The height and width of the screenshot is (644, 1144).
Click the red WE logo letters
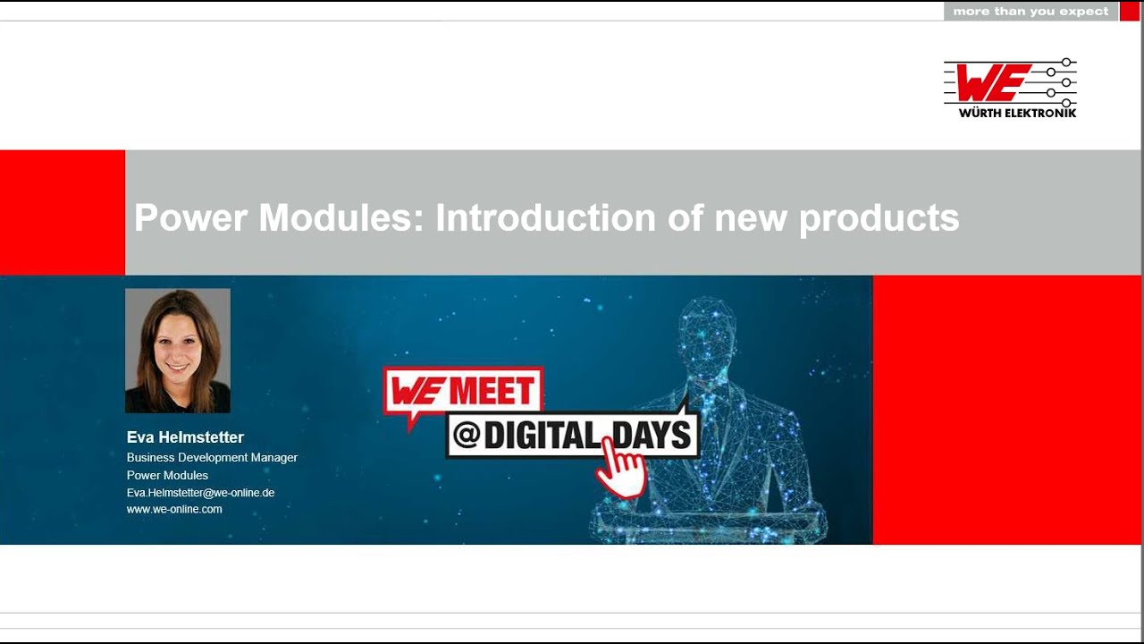click(992, 82)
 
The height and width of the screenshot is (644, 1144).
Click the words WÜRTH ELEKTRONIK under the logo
click(1017, 113)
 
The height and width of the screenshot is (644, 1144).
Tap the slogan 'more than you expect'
click(1030, 12)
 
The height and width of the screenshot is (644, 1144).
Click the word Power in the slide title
click(190, 218)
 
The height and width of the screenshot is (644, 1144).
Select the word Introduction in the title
click(545, 218)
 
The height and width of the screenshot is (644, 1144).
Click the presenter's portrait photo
click(178, 351)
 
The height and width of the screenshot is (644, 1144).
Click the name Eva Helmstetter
click(185, 437)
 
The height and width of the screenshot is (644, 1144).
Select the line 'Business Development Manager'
click(212, 457)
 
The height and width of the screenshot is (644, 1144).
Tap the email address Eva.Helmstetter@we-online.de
click(200, 493)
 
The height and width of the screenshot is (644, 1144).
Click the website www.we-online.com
click(174, 509)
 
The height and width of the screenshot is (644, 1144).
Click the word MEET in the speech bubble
click(492, 391)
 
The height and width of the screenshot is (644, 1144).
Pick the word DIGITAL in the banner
click(543, 436)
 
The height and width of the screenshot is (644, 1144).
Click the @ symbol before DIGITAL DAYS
click(467, 436)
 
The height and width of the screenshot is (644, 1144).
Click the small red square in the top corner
click(1129, 12)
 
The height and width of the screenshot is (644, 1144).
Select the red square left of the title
click(63, 213)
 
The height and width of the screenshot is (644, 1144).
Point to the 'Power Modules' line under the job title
click(167, 475)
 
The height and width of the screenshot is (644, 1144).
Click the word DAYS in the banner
click(650, 436)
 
